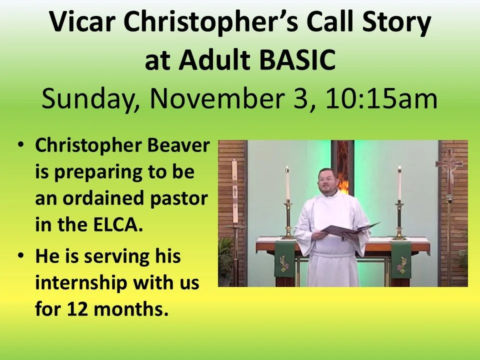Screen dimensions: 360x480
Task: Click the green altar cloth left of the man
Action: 284,258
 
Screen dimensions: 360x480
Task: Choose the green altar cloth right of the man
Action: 401,258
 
